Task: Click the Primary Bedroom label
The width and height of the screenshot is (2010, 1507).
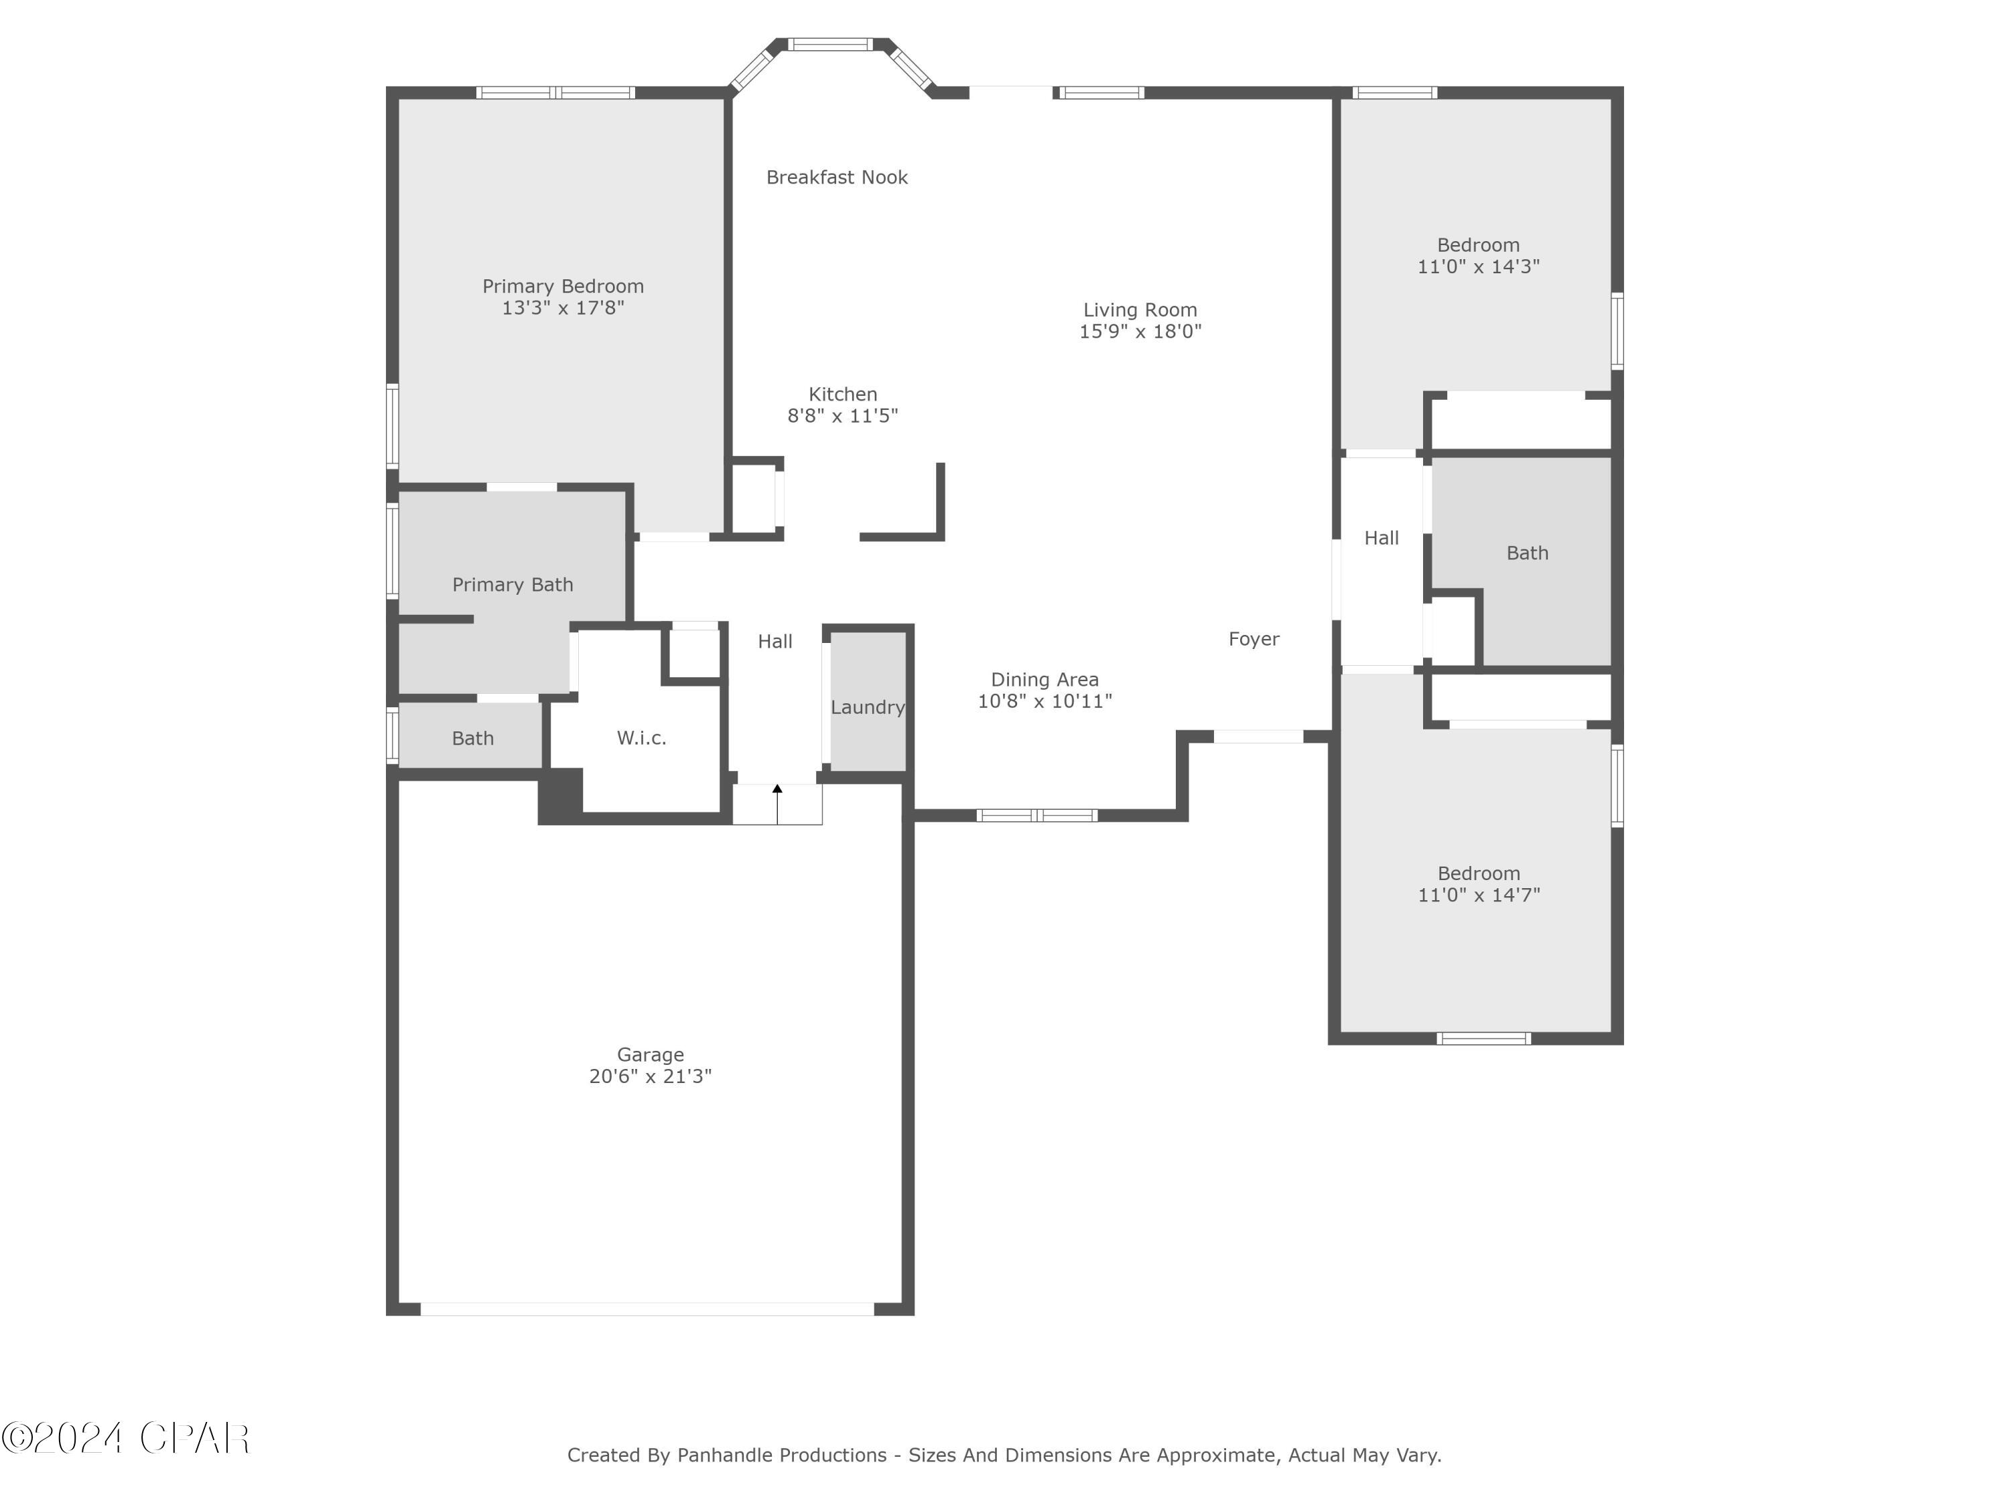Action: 563,286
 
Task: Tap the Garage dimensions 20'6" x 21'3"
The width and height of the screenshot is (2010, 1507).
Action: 650,1076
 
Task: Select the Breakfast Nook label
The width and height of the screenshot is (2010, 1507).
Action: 836,177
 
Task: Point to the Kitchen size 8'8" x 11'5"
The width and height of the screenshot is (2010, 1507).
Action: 842,416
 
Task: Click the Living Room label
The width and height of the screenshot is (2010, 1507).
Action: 1140,309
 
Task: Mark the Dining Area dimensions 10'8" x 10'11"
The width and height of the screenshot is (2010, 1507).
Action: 1044,701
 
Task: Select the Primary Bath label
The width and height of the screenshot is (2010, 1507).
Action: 513,584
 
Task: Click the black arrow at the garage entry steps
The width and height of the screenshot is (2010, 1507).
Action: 777,790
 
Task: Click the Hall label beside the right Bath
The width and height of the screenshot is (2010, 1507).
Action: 1380,538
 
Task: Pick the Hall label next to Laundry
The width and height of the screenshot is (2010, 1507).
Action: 775,642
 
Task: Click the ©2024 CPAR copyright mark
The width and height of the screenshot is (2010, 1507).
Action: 125,1439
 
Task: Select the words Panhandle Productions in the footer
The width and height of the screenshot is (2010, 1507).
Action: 781,1455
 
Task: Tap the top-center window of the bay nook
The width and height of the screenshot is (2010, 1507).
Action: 829,44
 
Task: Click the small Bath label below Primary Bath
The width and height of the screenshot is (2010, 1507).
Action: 472,739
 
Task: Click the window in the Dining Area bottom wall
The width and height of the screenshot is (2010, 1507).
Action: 1036,815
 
